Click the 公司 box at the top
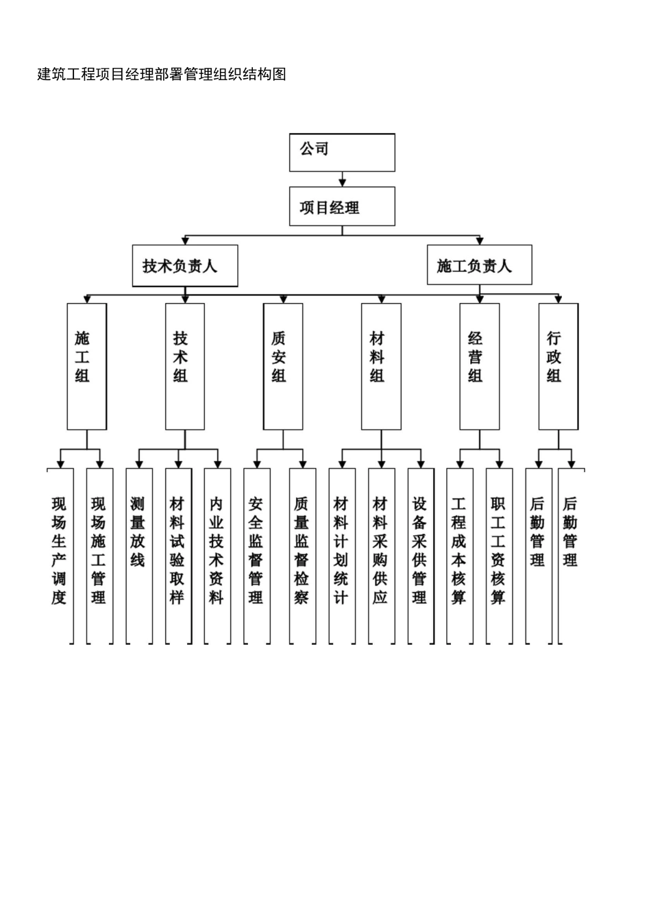click(x=342, y=151)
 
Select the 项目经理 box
click(x=342, y=206)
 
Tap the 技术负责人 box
click(x=184, y=266)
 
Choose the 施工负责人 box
click(x=479, y=265)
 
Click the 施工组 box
click(x=86, y=367)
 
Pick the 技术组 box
click(x=184, y=367)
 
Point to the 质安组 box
click(x=282, y=367)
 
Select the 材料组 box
click(x=381, y=367)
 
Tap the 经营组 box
click(x=479, y=367)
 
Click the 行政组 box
click(x=558, y=367)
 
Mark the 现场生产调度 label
click(x=59, y=551)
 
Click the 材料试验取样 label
click(x=177, y=551)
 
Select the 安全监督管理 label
click(x=256, y=551)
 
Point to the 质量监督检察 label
click(x=302, y=551)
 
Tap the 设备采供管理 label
click(x=420, y=551)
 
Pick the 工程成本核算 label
click(x=459, y=551)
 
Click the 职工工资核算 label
click(x=498, y=551)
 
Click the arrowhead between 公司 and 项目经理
click(x=342, y=182)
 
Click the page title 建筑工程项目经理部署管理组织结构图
click(x=162, y=74)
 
